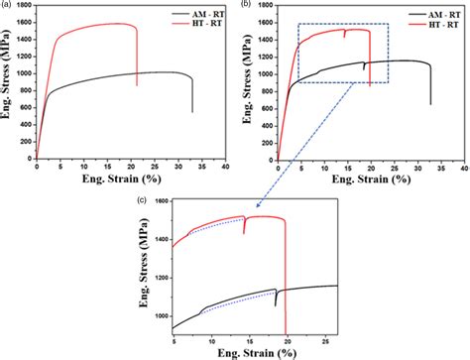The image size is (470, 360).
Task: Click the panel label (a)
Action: coord(8,6)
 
